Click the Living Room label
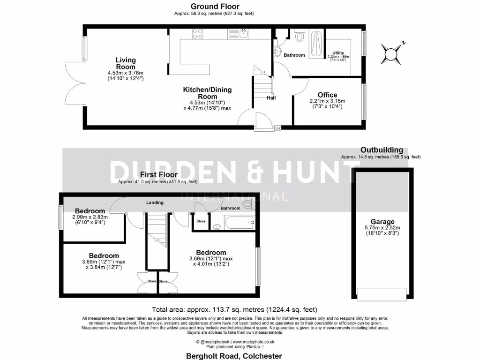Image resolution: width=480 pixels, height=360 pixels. pyautogui.click(x=126, y=63)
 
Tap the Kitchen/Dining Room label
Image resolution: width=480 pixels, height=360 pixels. pyautogui.click(x=207, y=93)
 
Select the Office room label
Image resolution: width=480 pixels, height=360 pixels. pyautogui.click(x=327, y=95)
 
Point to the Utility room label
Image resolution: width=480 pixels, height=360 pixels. pyautogui.click(x=338, y=52)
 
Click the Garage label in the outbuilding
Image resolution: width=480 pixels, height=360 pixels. pyautogui.click(x=382, y=222)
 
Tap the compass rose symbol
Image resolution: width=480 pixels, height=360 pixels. pyautogui.click(x=391, y=53)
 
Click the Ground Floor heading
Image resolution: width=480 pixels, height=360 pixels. pyautogui.click(x=215, y=7)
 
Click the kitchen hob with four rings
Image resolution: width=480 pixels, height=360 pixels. pyautogui.click(x=198, y=34)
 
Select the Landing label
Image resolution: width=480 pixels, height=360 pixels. pyautogui.click(x=155, y=202)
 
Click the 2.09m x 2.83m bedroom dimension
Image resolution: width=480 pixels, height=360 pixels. pyautogui.click(x=90, y=220)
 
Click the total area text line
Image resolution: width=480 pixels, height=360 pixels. pyautogui.click(x=234, y=309)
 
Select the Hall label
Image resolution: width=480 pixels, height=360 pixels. pyautogui.click(x=271, y=98)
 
